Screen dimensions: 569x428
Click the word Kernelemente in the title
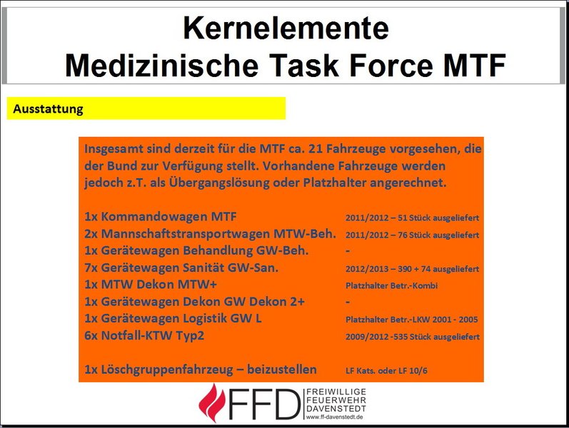click(x=286, y=28)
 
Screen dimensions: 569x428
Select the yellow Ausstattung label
click(x=49, y=109)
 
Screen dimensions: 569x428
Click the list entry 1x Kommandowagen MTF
click(x=161, y=217)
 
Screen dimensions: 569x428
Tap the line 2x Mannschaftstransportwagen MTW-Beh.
click(x=210, y=233)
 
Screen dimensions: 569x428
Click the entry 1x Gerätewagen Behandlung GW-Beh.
click(x=196, y=250)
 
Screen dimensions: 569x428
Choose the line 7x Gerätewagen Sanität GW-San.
click(x=181, y=267)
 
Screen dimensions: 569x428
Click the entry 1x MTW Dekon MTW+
click(x=151, y=285)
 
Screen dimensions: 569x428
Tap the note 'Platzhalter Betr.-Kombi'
click(x=391, y=286)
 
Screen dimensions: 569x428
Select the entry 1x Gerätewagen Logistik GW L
click(x=173, y=318)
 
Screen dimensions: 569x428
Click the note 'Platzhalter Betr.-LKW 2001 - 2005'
click(x=411, y=320)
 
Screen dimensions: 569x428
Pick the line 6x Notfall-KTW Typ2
click(x=144, y=335)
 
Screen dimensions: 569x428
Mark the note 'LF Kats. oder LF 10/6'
click(x=386, y=371)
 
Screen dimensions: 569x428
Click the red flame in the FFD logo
click(x=213, y=402)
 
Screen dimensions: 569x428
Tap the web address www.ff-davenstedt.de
click(x=334, y=417)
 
